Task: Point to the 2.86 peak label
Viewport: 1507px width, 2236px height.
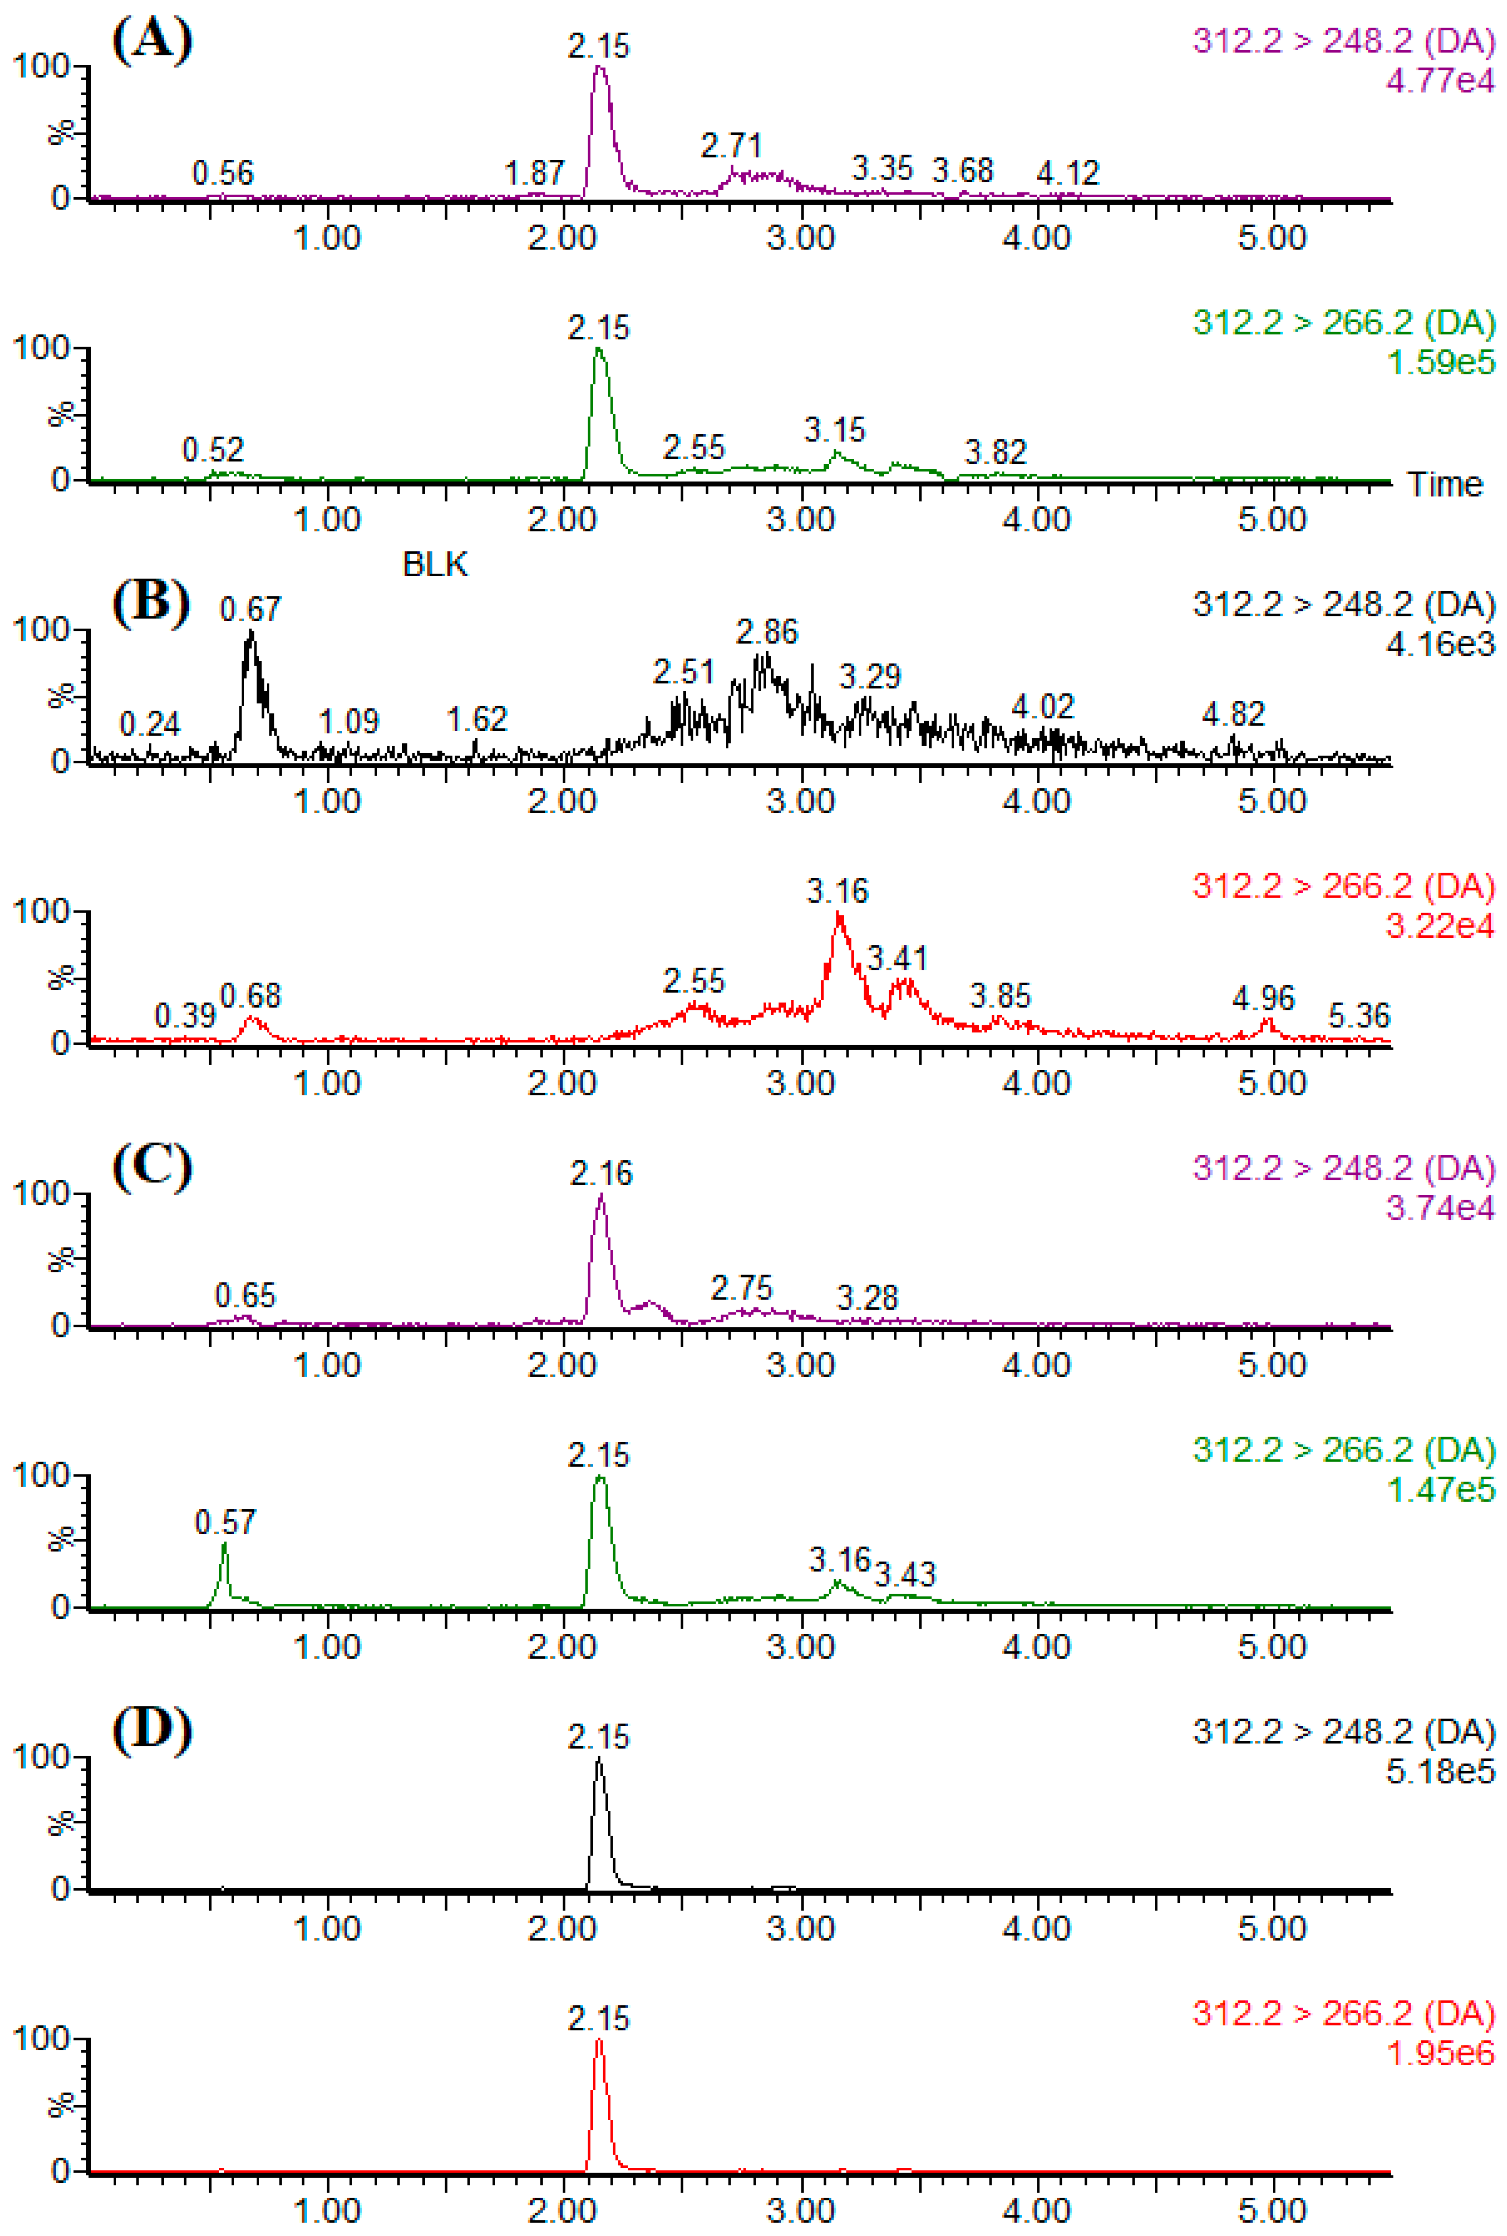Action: coord(767,632)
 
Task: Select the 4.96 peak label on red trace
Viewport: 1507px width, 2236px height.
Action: coord(1263,998)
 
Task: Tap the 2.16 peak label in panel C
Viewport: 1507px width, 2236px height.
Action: coord(602,1173)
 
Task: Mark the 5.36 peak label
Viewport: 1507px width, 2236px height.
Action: coord(1359,1015)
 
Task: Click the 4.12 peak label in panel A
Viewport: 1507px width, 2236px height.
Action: coord(1068,173)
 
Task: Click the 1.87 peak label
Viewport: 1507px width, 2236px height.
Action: coord(534,173)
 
